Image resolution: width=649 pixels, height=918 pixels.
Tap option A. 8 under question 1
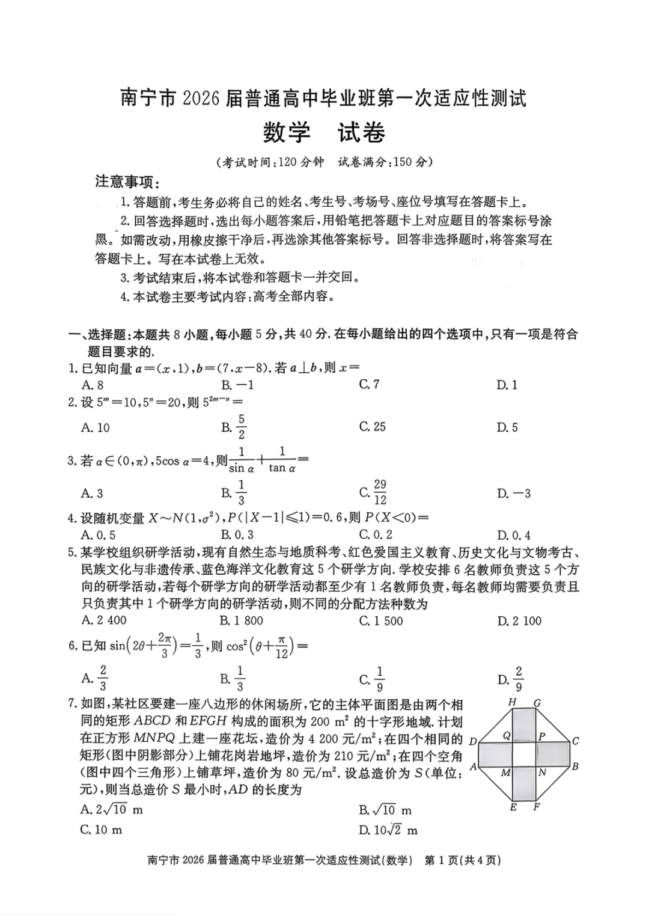(x=93, y=385)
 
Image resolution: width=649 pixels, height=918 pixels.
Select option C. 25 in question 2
(x=373, y=427)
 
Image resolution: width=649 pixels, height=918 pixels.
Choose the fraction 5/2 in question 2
(x=242, y=427)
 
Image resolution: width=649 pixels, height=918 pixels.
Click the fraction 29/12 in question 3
(x=380, y=492)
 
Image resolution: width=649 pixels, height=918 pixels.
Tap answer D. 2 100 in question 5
(x=519, y=621)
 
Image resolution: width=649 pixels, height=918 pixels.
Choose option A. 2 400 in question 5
(x=104, y=620)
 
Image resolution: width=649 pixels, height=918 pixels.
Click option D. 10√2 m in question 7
(x=388, y=830)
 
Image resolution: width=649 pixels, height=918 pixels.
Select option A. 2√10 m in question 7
(x=112, y=810)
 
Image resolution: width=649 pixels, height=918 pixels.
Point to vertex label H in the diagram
(x=513, y=702)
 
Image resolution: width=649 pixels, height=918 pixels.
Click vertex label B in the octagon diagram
(x=575, y=767)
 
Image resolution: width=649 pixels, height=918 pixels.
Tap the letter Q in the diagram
(x=507, y=735)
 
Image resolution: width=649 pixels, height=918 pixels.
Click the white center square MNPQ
(x=523, y=754)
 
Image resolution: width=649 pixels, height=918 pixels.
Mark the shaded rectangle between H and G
(x=524, y=724)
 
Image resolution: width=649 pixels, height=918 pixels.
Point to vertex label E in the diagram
(x=513, y=807)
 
